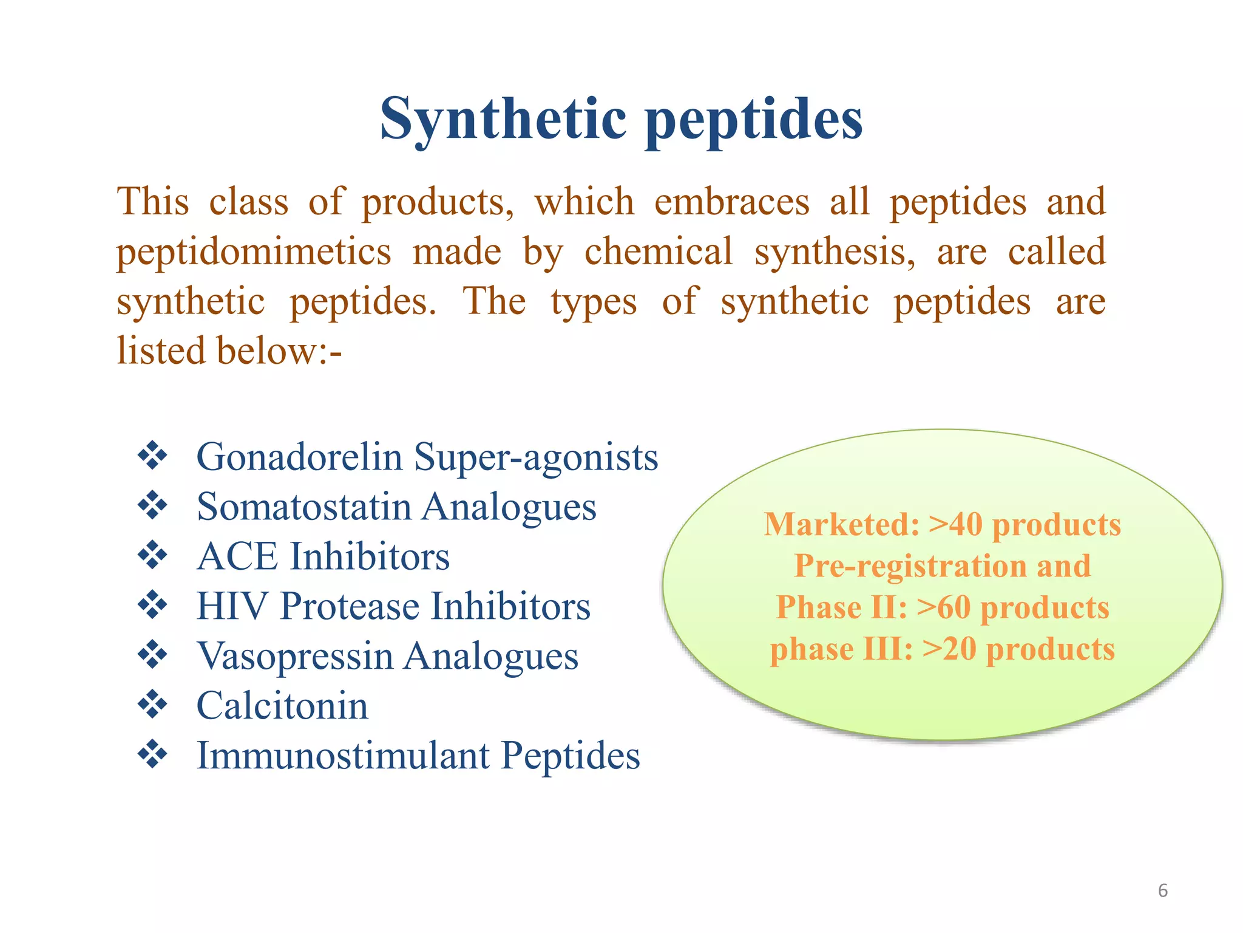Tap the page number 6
1162,890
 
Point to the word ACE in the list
237,556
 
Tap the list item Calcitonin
282,706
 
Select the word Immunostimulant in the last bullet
343,756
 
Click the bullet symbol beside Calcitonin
152,706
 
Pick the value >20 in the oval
949,649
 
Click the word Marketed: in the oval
842,524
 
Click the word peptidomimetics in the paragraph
254,252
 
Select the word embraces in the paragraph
731,202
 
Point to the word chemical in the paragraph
658,252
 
